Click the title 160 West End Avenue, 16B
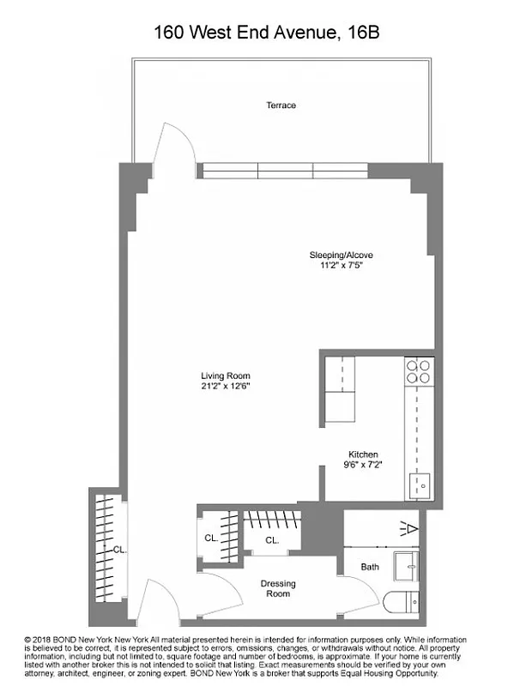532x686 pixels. click(266, 33)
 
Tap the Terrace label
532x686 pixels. click(281, 105)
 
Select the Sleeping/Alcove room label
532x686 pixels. click(341, 255)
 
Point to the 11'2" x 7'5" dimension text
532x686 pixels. click(341, 266)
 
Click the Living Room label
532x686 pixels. click(226, 376)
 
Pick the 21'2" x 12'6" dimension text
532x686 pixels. click(226, 386)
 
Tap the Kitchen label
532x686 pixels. click(363, 454)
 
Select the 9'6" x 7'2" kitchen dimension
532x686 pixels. click(363, 466)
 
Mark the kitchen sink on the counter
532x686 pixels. click(420, 485)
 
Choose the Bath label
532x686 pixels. click(370, 567)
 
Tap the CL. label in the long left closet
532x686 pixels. click(119, 550)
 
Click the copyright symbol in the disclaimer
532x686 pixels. click(30, 640)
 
